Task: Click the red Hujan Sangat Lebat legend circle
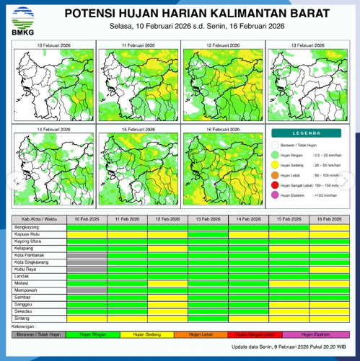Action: click(x=276, y=184)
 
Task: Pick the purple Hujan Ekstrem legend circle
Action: click(x=276, y=195)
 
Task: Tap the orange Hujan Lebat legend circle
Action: click(x=276, y=174)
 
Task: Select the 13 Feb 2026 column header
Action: click(x=208, y=218)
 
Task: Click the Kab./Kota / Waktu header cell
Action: click(x=40, y=218)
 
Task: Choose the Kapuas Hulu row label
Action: click(x=28, y=233)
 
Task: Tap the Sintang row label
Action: click(x=23, y=318)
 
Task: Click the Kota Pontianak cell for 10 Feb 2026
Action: click(x=87, y=255)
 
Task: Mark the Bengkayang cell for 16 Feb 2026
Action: click(x=329, y=226)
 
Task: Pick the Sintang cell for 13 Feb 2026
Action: click(x=208, y=318)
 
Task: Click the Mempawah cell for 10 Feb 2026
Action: click(x=87, y=290)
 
